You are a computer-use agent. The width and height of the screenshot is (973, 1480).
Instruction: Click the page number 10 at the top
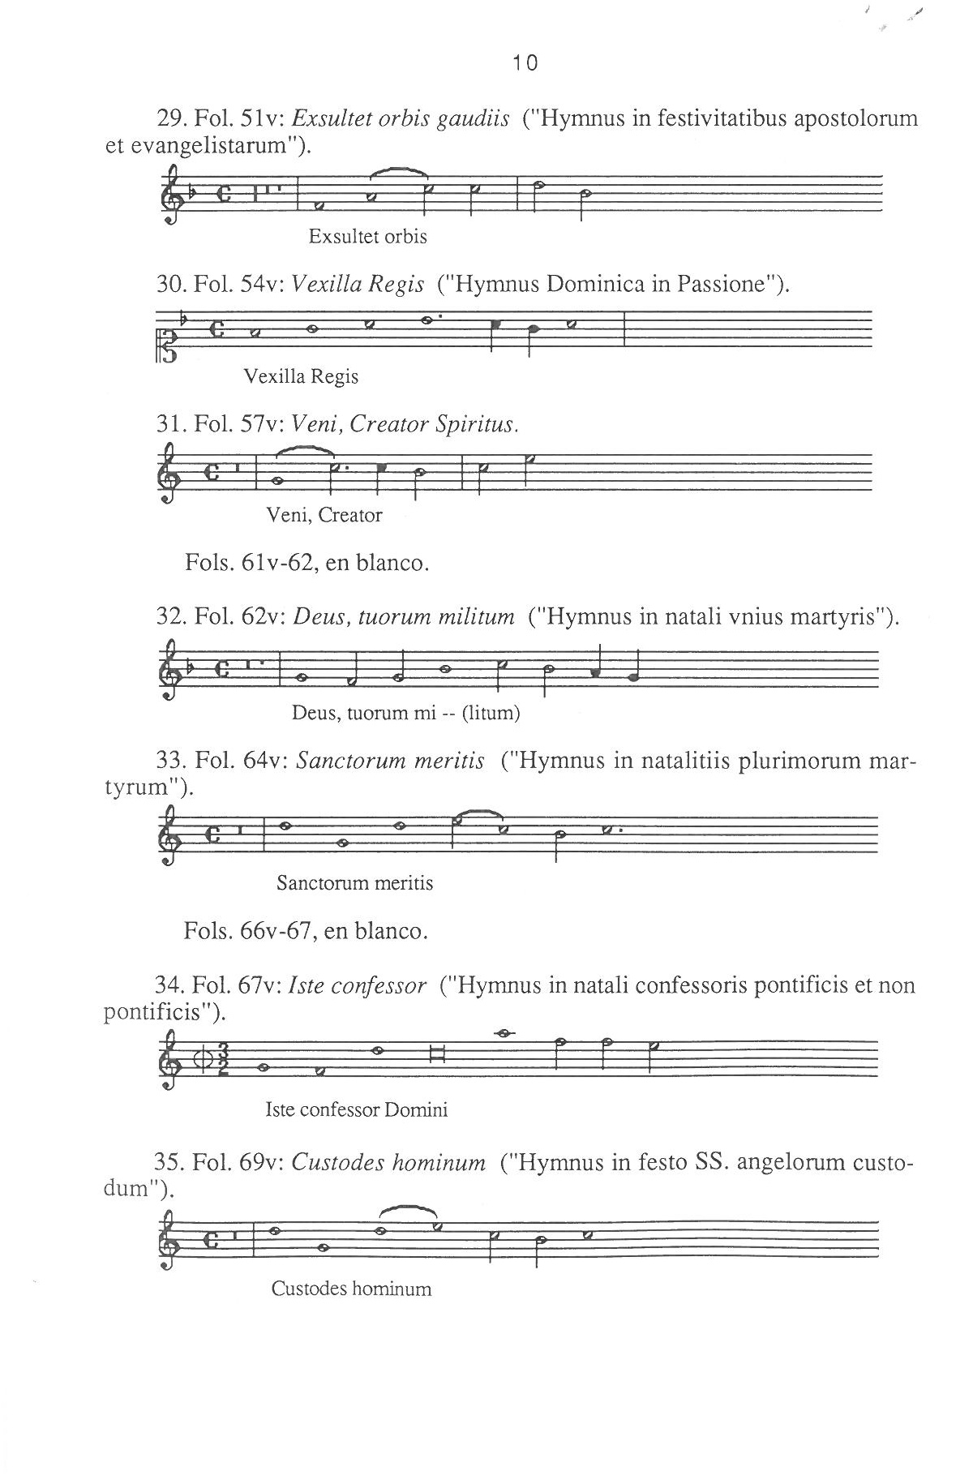[x=525, y=62]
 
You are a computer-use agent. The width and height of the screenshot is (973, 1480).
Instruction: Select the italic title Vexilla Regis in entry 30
[x=357, y=284]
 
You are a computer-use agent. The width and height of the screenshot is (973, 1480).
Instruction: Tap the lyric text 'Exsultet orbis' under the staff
[x=367, y=237]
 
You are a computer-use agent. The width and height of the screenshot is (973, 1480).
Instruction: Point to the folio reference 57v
[x=260, y=423]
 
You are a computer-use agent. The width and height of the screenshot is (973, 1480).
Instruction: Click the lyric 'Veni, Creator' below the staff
[x=324, y=515]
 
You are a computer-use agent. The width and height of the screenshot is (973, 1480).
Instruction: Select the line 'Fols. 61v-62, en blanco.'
[x=306, y=562]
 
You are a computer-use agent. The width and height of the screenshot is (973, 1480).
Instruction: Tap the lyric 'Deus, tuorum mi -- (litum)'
[x=405, y=713]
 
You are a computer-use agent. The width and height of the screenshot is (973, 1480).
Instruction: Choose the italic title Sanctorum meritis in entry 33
[x=390, y=761]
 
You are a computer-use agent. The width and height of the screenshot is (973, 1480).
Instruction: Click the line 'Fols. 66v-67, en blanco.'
[x=306, y=930]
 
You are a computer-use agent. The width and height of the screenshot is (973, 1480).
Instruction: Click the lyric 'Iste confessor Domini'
[x=356, y=1109]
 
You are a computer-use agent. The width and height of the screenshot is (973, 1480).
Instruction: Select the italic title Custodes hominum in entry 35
[x=388, y=1163]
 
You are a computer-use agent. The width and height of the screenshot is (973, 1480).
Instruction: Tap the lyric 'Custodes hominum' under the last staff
[x=351, y=1289]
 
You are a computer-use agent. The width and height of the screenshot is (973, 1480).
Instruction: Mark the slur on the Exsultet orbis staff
[x=399, y=171]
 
